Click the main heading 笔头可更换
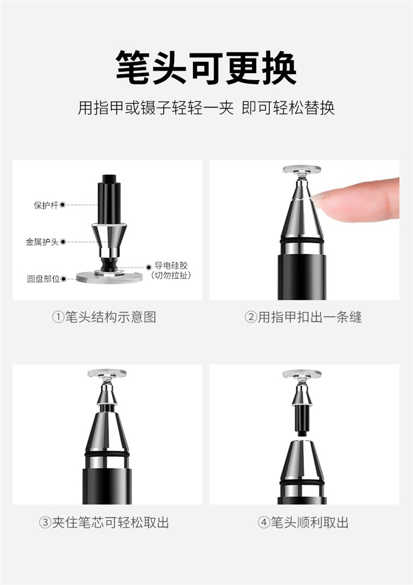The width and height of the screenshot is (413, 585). [206, 68]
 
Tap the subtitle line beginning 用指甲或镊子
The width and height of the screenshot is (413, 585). [206, 108]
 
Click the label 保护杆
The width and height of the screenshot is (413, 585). [46, 205]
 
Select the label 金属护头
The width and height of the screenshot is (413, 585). [42, 242]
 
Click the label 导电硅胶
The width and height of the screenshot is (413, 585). [171, 266]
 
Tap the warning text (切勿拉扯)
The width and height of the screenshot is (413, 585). [171, 276]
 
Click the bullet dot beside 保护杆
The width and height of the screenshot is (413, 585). [63, 205]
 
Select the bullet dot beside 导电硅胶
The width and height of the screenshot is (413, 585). [149, 267]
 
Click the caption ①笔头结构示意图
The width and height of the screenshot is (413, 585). [104, 317]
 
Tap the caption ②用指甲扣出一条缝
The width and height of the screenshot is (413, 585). [303, 317]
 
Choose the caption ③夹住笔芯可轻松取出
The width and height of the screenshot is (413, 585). [104, 522]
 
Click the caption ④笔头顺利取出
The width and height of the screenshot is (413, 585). [303, 522]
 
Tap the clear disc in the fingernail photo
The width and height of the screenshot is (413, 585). [302, 170]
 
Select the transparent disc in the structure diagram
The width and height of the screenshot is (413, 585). [110, 277]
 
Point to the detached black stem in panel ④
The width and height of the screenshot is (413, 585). [301, 420]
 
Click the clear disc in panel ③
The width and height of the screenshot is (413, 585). [107, 374]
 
